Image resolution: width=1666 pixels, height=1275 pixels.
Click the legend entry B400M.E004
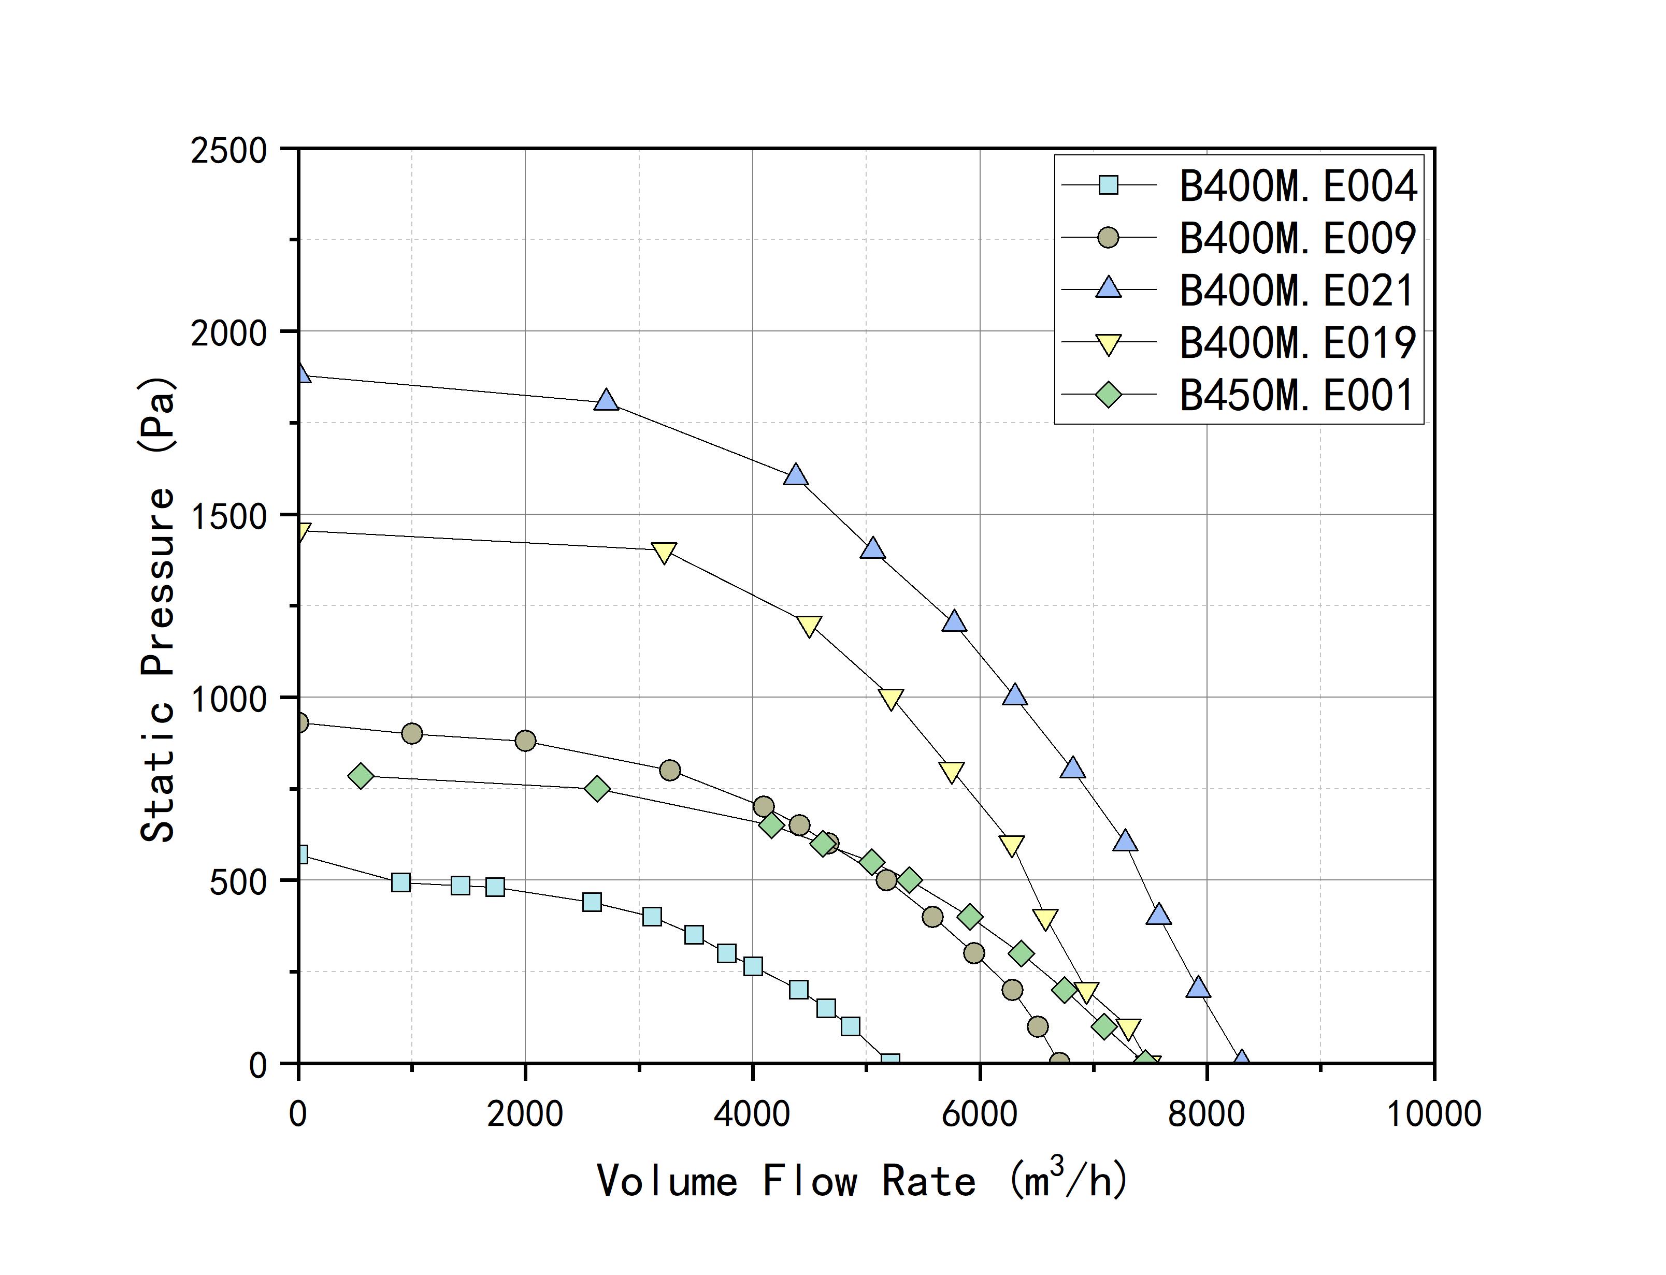[x=1297, y=185]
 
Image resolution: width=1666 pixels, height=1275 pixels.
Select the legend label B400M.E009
[x=1297, y=238]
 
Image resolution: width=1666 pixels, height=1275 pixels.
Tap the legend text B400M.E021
[x=1297, y=290]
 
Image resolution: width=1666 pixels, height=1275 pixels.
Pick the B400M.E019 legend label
[x=1297, y=342]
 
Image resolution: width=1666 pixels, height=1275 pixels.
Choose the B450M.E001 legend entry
[x=1297, y=395]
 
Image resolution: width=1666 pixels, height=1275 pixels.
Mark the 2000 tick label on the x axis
[x=525, y=1114]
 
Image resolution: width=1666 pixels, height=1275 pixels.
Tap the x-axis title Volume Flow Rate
[x=862, y=1181]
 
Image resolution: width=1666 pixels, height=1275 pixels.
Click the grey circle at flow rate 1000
[x=411, y=733]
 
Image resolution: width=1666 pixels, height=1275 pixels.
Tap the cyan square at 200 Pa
[x=798, y=989]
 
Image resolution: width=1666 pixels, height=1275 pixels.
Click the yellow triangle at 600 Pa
[x=1012, y=845]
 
